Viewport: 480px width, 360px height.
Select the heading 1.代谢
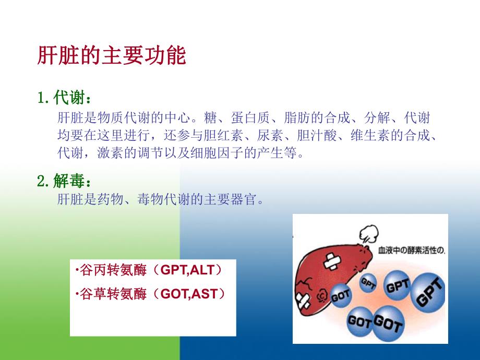[66, 98]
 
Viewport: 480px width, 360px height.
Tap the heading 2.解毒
[66, 182]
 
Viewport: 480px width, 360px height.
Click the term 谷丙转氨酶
[106, 271]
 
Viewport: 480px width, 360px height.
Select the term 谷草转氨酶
[106, 294]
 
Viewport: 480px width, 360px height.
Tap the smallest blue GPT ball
[368, 282]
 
